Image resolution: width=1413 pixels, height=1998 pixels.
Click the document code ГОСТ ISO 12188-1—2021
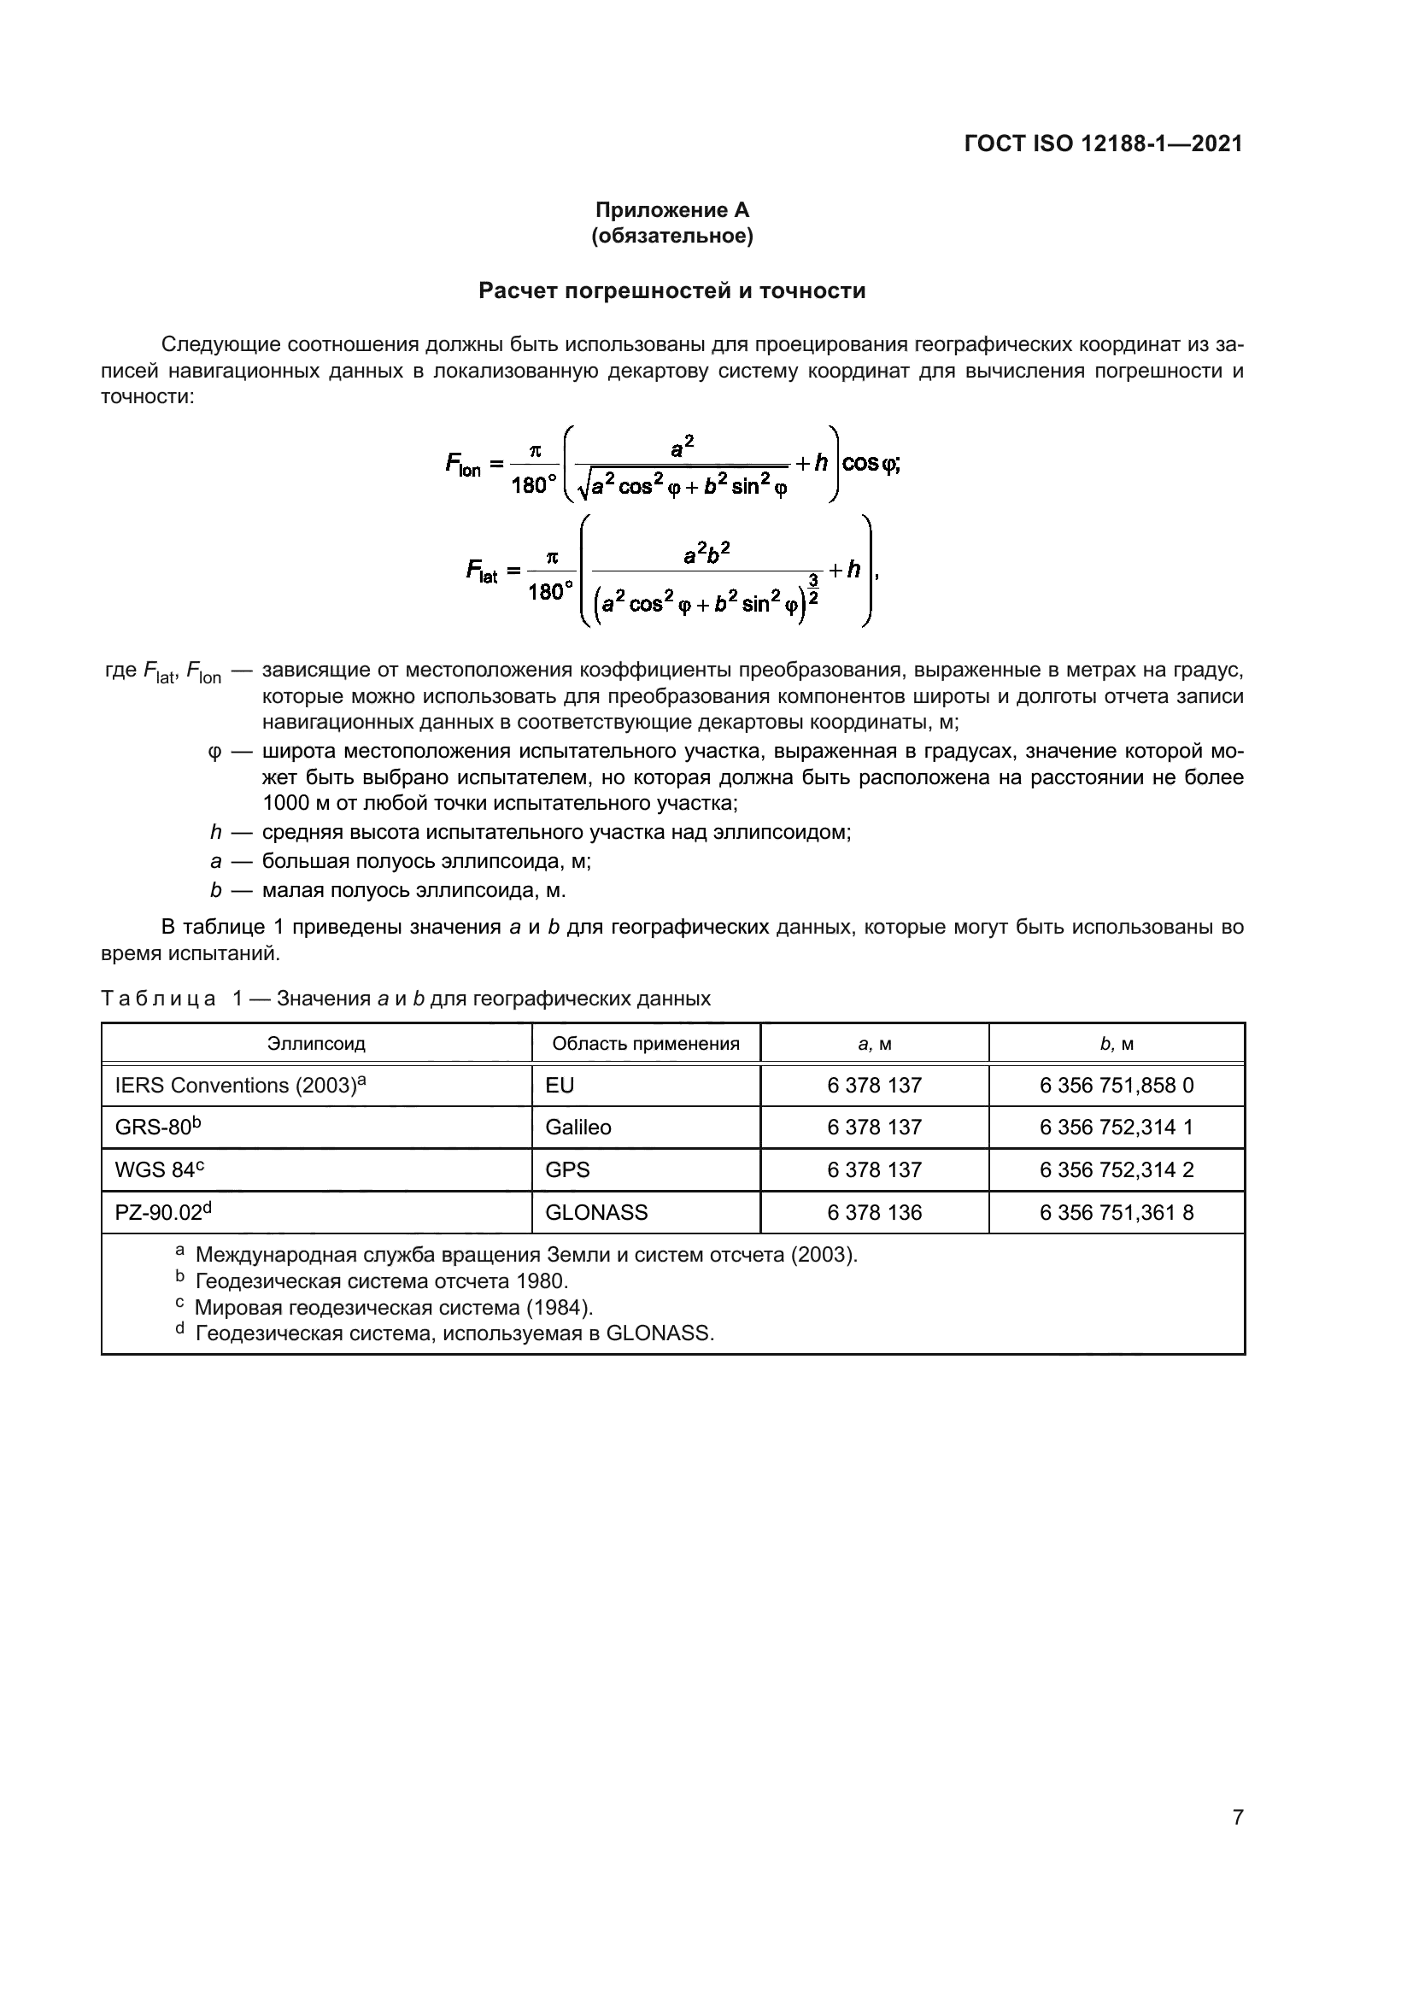(1103, 144)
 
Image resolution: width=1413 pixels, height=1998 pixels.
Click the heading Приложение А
(671, 210)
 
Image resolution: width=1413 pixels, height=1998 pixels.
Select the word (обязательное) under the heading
(671, 236)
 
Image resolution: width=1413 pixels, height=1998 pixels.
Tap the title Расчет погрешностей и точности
(671, 290)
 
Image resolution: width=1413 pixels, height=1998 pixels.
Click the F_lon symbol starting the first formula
(463, 465)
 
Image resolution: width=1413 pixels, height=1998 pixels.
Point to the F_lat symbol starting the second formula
(481, 571)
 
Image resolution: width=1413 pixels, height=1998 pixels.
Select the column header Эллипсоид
(316, 1043)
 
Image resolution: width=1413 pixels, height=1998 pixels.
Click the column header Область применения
(646, 1043)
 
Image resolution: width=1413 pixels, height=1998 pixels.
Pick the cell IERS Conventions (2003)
(239, 1085)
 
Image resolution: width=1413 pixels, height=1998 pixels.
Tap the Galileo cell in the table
(578, 1128)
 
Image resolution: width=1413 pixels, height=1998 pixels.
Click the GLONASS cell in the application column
(596, 1212)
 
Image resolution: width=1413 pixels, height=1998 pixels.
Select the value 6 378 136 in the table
(874, 1212)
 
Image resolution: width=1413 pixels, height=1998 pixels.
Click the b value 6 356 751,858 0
(1117, 1085)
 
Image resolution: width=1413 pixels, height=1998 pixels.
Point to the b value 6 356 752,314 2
(1117, 1169)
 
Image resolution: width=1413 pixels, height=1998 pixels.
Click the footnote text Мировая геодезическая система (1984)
(393, 1307)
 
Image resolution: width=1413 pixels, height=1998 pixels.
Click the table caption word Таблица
(158, 998)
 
